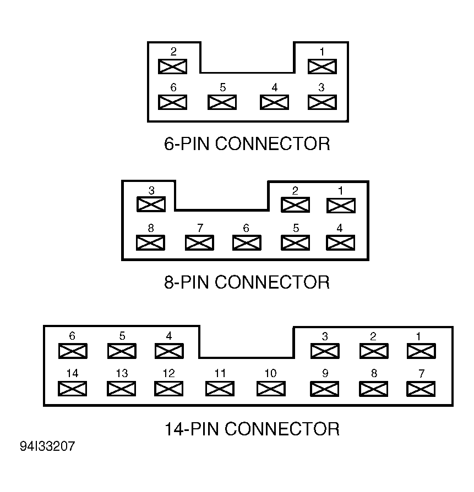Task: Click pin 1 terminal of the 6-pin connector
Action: [322, 67]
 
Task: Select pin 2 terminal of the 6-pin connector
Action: [172, 67]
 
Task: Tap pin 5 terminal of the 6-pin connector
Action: [222, 102]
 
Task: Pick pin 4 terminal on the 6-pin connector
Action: [274, 102]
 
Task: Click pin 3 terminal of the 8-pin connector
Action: [151, 204]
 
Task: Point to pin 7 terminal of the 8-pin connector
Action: [200, 243]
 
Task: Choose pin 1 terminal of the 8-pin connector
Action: [341, 206]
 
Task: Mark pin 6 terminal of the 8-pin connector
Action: [247, 243]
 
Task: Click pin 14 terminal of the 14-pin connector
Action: [72, 389]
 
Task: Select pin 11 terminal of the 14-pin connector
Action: [220, 389]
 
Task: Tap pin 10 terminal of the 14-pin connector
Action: [271, 389]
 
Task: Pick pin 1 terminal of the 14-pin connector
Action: [421, 351]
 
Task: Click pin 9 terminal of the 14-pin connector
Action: [324, 389]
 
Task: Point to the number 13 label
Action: [122, 373]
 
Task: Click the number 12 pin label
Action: [169, 373]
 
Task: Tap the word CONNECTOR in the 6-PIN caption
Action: [273, 144]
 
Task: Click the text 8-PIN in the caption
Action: [187, 282]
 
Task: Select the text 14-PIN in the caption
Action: [192, 429]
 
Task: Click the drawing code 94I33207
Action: [47, 446]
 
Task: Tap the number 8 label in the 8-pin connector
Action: [151, 228]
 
